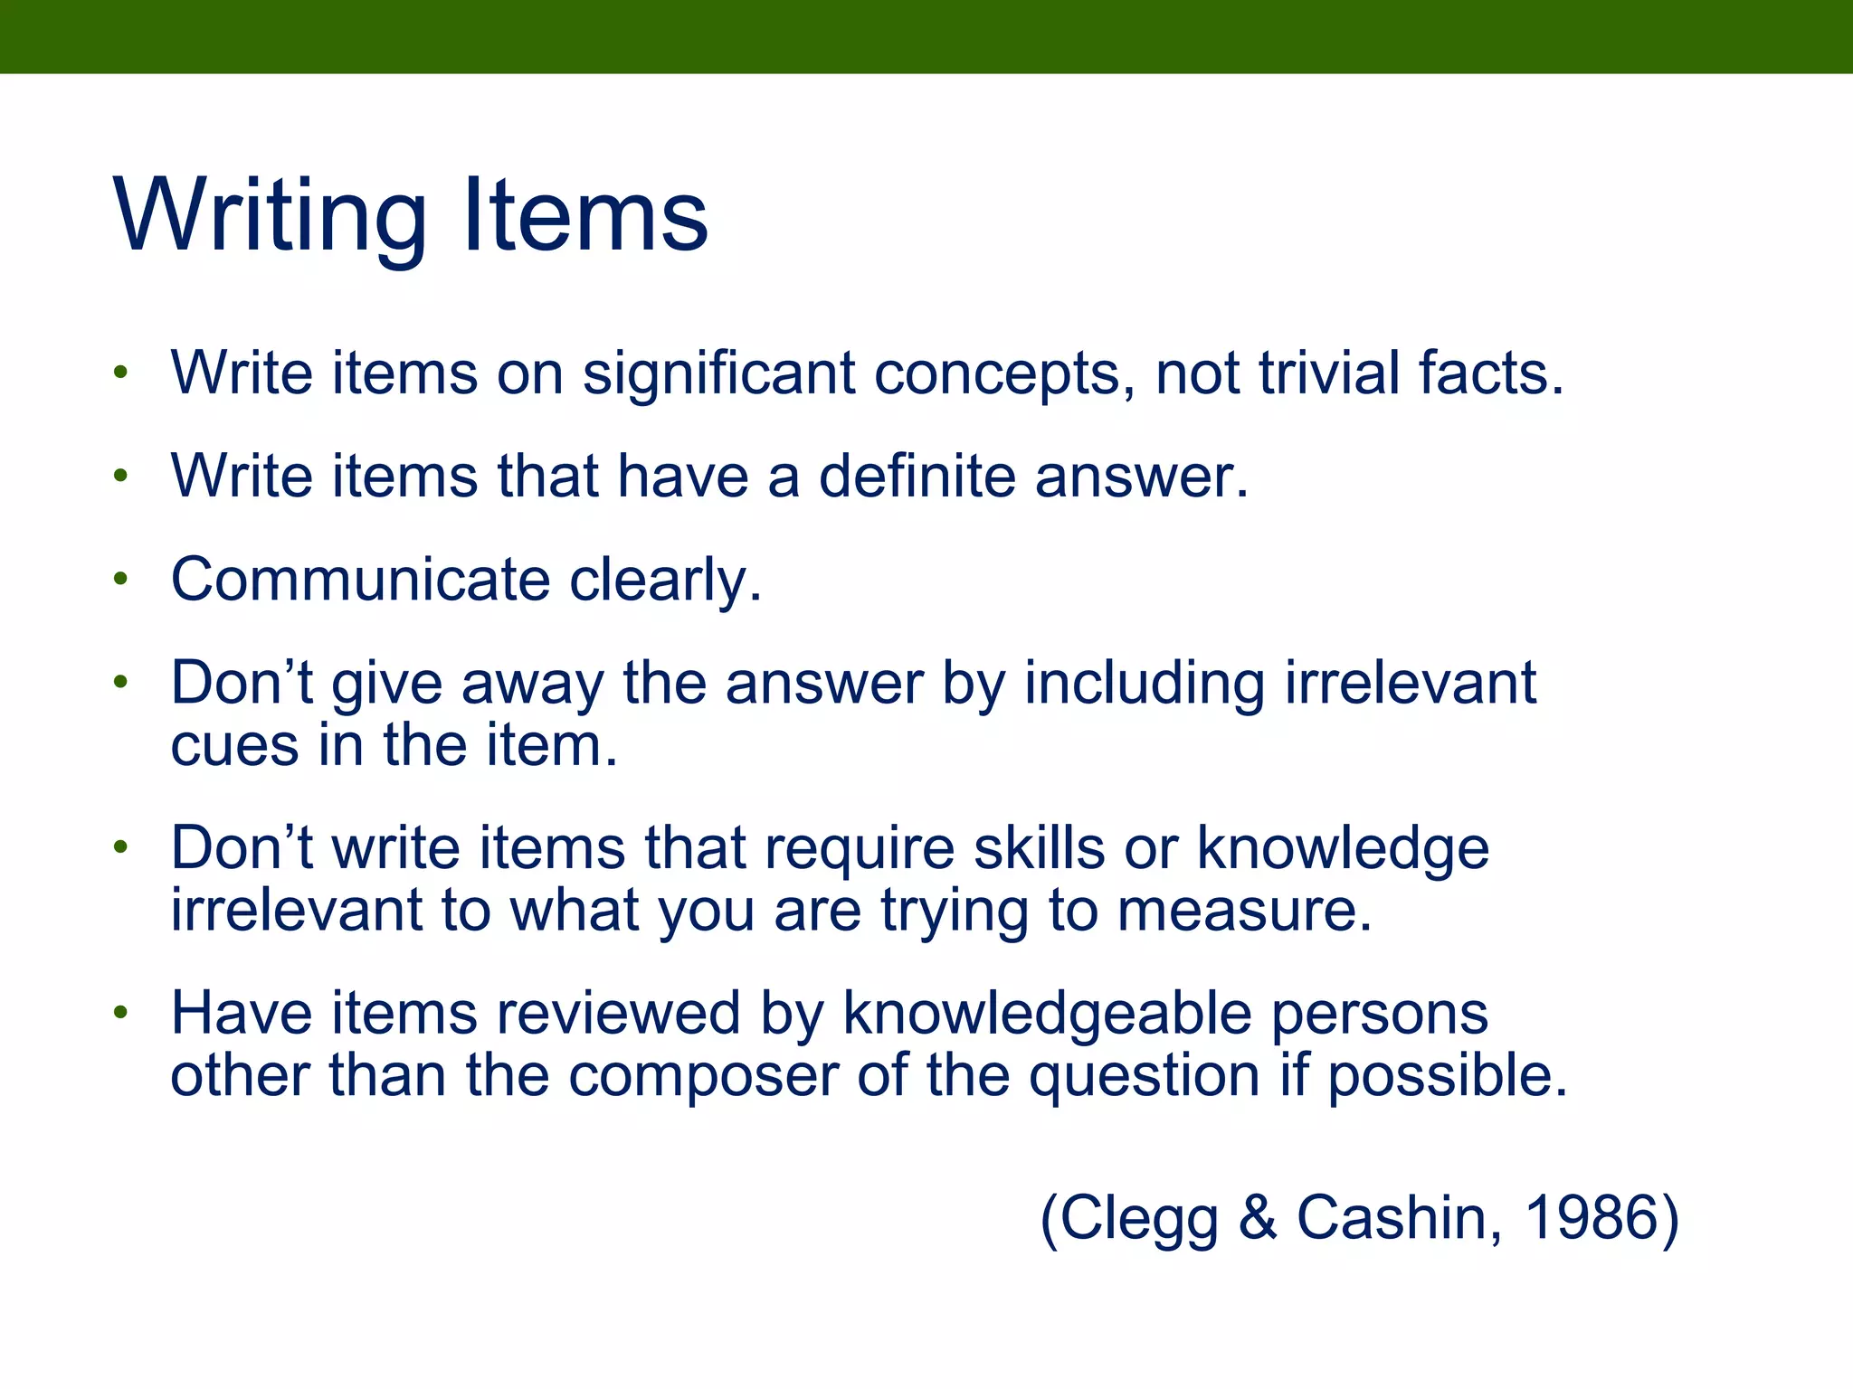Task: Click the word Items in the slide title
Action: click(x=585, y=217)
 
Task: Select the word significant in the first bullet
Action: click(x=718, y=373)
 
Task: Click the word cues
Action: click(x=234, y=746)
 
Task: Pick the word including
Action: click(x=1144, y=684)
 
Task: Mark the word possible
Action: click(x=1447, y=1076)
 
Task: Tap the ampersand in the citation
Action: click(x=1257, y=1218)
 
